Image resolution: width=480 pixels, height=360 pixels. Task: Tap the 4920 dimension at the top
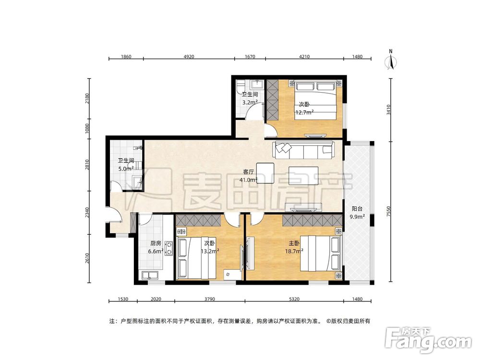(x=189, y=56)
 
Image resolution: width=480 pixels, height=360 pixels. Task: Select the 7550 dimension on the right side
(x=388, y=212)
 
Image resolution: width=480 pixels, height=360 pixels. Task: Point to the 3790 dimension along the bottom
(x=210, y=299)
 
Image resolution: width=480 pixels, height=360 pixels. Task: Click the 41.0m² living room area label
(x=248, y=180)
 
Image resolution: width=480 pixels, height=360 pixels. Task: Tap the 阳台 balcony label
(x=357, y=209)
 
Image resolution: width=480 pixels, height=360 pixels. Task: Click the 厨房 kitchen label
(x=156, y=243)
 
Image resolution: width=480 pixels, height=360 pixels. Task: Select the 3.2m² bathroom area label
(x=250, y=102)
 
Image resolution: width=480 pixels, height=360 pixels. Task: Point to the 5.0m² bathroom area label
(x=126, y=168)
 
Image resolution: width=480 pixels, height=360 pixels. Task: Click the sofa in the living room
(x=303, y=150)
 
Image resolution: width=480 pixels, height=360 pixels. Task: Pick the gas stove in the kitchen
(x=168, y=248)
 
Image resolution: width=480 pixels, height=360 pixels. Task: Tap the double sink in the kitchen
(x=150, y=275)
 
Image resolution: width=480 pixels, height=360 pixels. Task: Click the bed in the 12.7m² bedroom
(x=316, y=100)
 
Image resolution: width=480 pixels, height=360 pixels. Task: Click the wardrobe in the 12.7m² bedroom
(x=272, y=100)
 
